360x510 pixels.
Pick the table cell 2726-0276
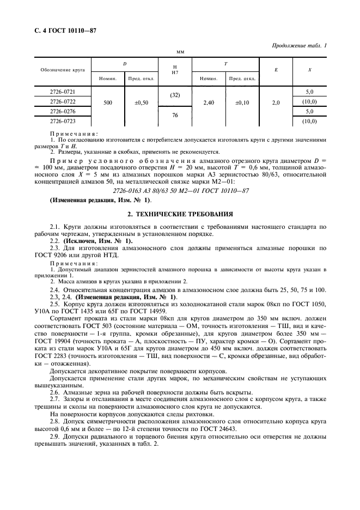click(63, 111)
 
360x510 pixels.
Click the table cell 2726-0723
click(63, 120)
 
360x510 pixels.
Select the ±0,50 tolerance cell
click(141, 102)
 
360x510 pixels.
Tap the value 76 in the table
click(175, 116)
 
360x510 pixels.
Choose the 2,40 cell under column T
click(209, 102)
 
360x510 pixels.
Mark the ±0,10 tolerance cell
click(242, 102)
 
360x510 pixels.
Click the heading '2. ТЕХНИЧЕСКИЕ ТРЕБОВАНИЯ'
click(180, 214)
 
